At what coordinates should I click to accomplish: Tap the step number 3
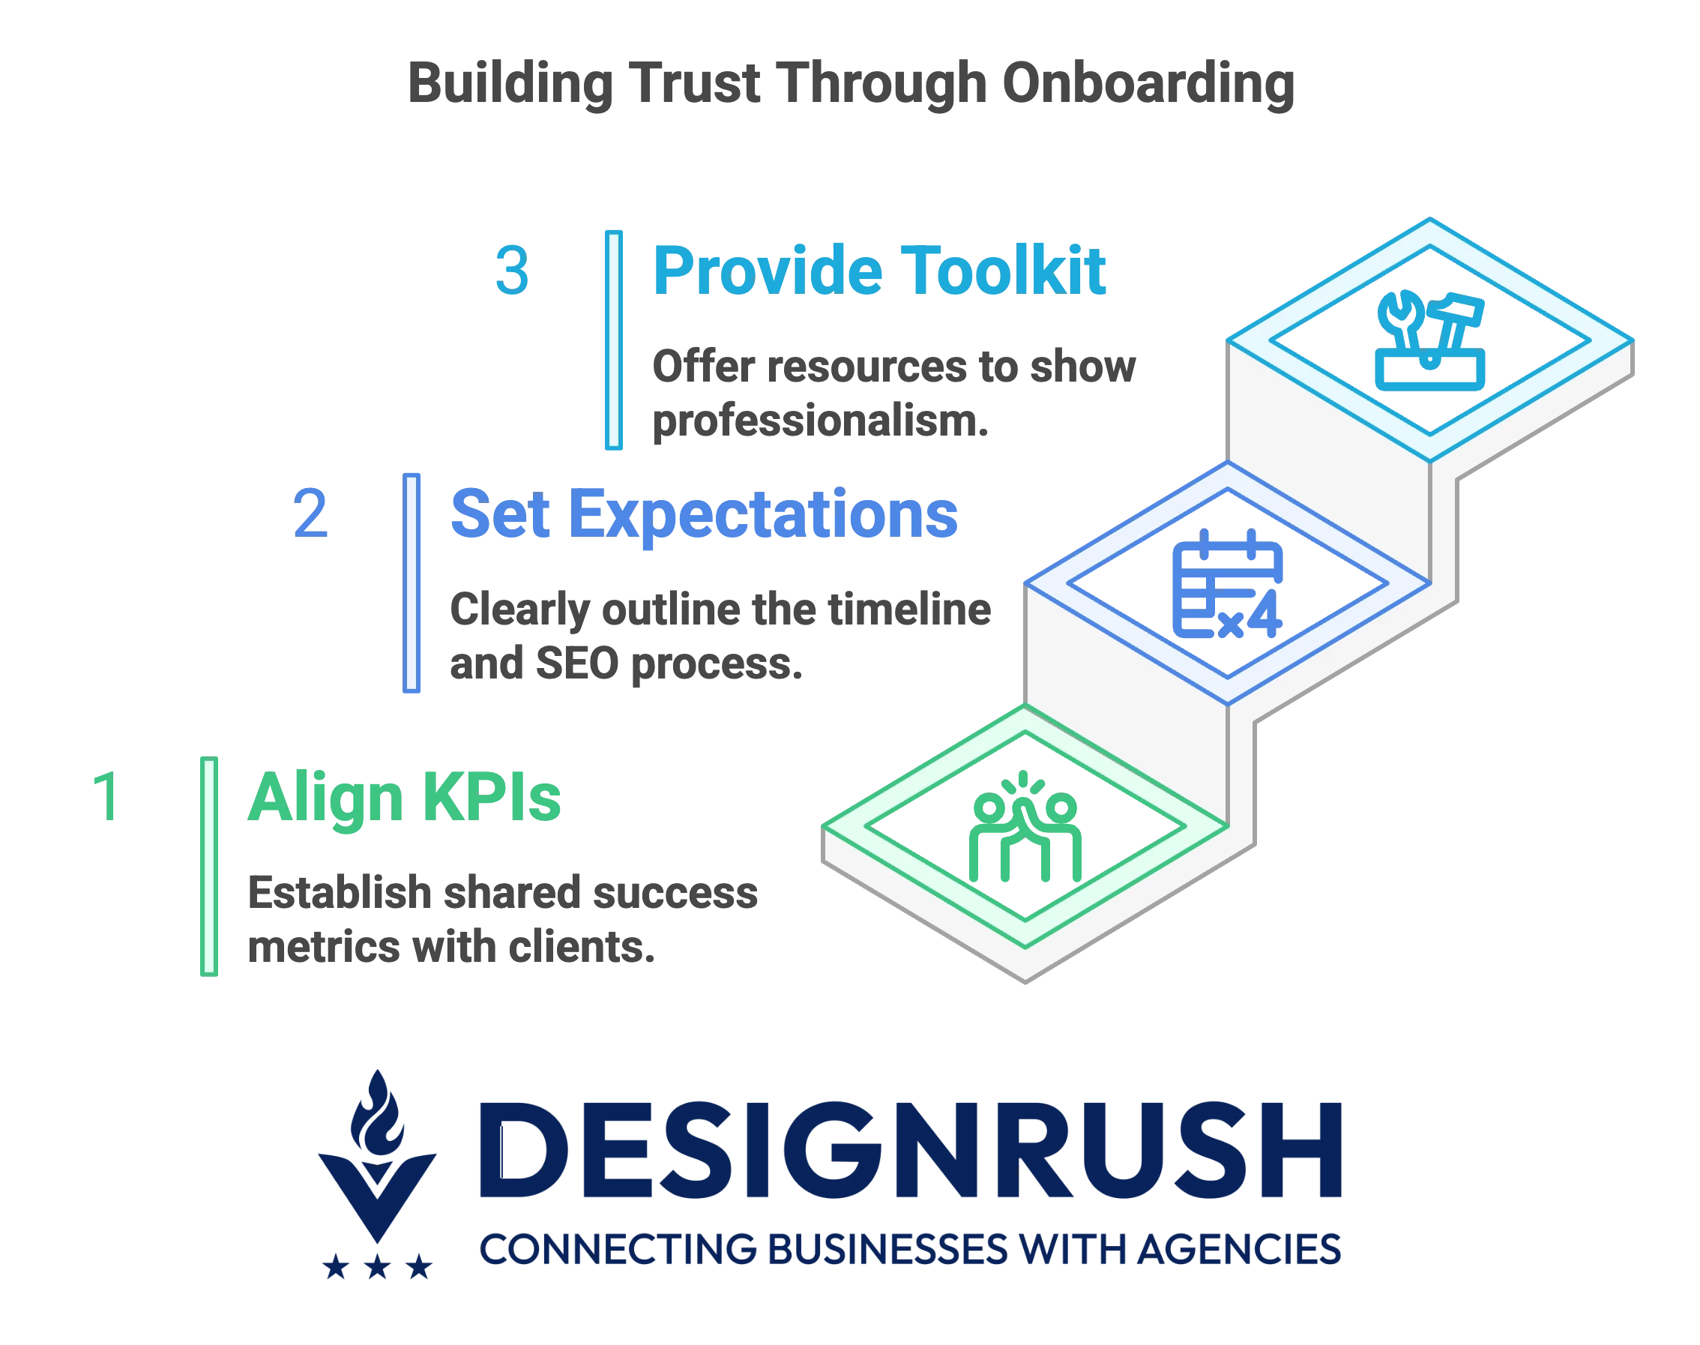[x=512, y=271]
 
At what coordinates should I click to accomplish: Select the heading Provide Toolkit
[x=879, y=271]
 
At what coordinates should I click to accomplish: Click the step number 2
[x=310, y=514]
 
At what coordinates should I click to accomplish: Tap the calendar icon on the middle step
[x=1227, y=583]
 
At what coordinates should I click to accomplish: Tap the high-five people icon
[x=1025, y=826]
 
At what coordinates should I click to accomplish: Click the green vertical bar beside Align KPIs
[x=208, y=866]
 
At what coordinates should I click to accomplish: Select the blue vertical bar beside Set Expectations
[x=411, y=583]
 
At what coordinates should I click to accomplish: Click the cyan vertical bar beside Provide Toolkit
[x=613, y=340]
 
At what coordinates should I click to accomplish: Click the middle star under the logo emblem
[x=378, y=1267]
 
